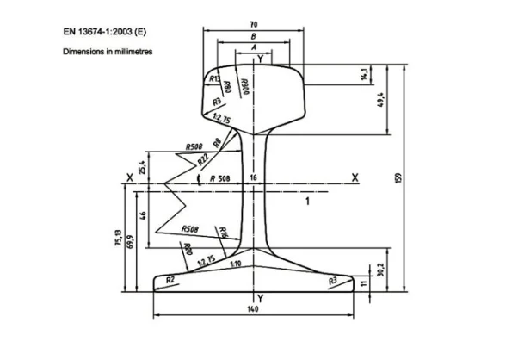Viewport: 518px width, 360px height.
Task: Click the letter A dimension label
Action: (x=253, y=48)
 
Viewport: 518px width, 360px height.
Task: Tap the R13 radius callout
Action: (x=214, y=78)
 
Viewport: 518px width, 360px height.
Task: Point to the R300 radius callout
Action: (x=244, y=84)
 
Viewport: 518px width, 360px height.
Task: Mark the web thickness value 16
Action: (x=253, y=177)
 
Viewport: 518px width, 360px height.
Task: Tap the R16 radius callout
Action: (x=223, y=232)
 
